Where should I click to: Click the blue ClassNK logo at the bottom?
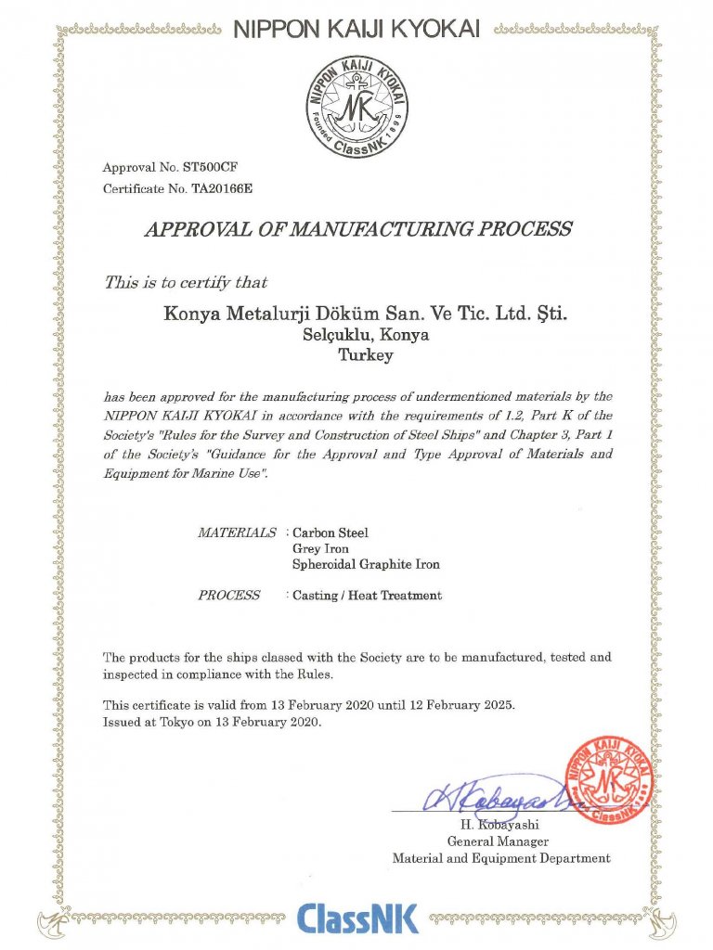tap(357, 918)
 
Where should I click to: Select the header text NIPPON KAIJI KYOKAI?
tap(356, 30)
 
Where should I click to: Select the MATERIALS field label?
tap(237, 533)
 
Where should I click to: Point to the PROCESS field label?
tap(228, 595)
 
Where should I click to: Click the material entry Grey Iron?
tap(320, 548)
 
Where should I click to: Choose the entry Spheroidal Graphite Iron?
tap(366, 564)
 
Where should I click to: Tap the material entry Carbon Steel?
tap(330, 533)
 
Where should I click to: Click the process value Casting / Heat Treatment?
tap(367, 595)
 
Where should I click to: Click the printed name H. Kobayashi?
tap(500, 824)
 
